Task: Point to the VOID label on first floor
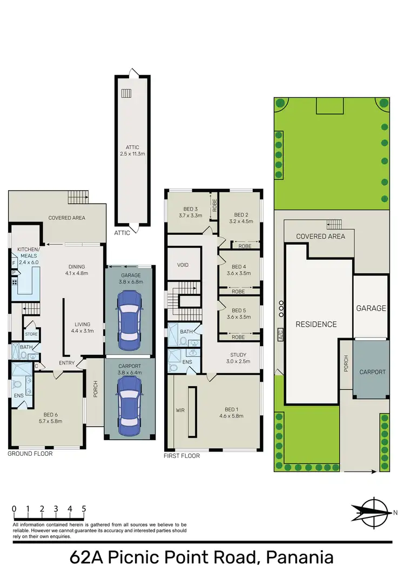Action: (183, 265)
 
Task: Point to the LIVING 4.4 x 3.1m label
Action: (84, 328)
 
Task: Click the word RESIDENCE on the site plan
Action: (316, 325)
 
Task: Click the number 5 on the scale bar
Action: (84, 508)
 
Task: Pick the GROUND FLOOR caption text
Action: (30, 454)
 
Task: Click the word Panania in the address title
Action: (293, 557)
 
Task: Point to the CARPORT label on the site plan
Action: (373, 372)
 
